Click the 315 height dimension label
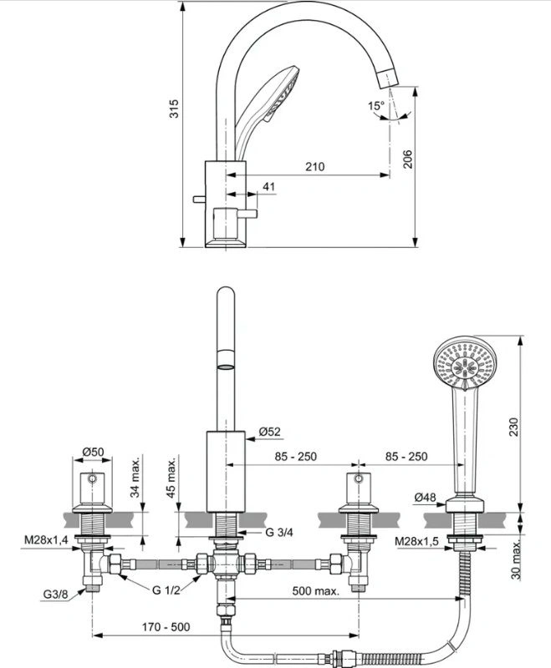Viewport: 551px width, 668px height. click(x=174, y=109)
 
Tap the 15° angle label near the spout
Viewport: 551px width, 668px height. click(x=376, y=105)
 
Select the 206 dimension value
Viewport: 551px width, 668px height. click(x=408, y=159)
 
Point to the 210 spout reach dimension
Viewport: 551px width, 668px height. click(x=314, y=166)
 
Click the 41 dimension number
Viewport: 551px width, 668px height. click(x=268, y=186)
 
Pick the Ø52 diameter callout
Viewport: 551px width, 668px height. click(x=270, y=432)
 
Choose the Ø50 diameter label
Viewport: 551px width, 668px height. click(x=93, y=452)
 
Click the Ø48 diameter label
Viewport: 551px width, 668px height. click(x=426, y=497)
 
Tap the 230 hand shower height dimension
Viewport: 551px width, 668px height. click(x=514, y=427)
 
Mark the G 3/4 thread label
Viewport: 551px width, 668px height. click(x=279, y=532)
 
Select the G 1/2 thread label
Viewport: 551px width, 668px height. click(x=166, y=590)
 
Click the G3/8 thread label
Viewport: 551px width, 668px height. click(x=55, y=595)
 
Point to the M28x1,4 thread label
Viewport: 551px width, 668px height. click(x=46, y=540)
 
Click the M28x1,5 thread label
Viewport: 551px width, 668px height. click(x=416, y=541)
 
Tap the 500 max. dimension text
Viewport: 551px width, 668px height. click(x=316, y=591)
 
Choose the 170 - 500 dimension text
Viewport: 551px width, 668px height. click(x=166, y=627)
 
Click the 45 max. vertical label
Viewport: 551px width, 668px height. click(x=171, y=478)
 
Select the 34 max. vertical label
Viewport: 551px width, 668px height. click(x=135, y=478)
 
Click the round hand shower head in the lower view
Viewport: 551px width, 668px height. click(x=462, y=362)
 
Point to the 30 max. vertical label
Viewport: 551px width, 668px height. click(x=516, y=559)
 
